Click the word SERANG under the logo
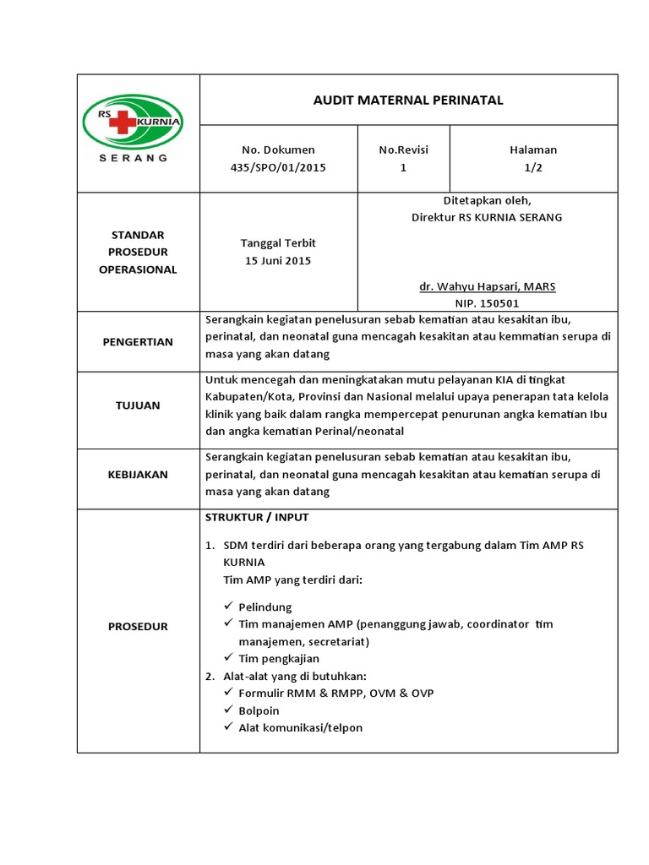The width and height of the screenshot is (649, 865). point(134,157)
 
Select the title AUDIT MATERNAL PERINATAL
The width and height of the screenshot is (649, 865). point(408,101)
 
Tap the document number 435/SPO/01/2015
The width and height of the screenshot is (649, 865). point(278,167)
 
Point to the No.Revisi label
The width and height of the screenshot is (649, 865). point(403,150)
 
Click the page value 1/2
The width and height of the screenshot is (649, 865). point(532,167)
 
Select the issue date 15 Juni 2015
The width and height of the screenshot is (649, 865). point(278,260)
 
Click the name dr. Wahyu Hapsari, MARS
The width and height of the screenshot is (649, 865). point(488,286)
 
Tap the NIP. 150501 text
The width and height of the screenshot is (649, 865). point(488,303)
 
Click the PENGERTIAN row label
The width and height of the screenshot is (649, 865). point(138,342)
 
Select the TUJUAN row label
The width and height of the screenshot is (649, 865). point(138,405)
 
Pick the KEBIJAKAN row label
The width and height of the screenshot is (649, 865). point(138,475)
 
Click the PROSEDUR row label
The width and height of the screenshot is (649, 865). point(138,626)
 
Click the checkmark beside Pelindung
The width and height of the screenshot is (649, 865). point(229,607)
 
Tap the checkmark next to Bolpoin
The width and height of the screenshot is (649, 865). point(229,710)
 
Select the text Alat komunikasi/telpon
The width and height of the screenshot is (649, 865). point(301,727)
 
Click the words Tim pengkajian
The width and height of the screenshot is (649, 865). point(279,658)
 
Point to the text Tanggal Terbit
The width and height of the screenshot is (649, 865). point(278,243)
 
